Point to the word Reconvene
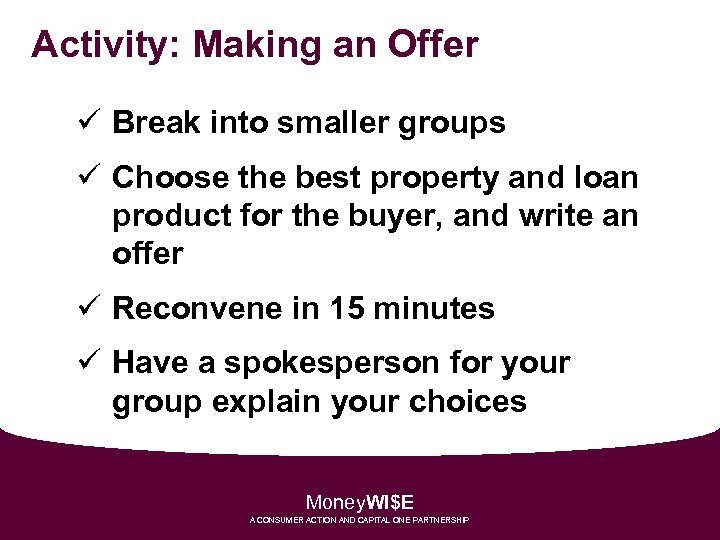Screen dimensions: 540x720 pos(200,309)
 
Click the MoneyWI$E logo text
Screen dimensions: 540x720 pos(360,502)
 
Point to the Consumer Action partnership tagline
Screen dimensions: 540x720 pos(360,521)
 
